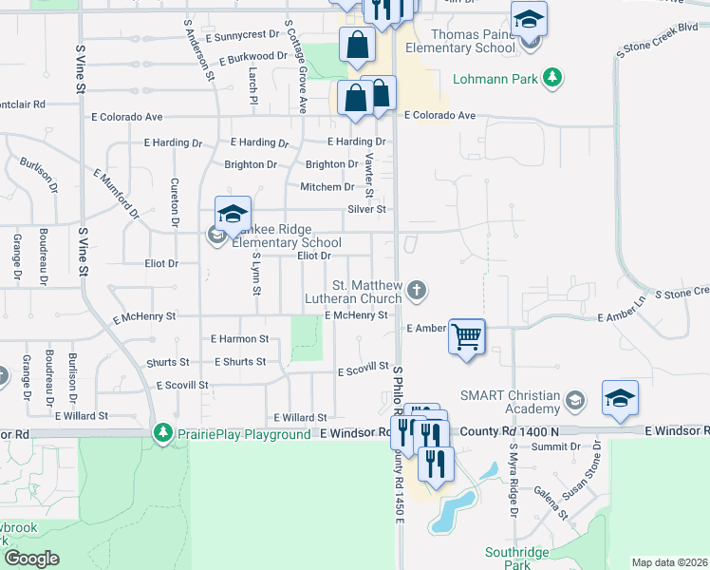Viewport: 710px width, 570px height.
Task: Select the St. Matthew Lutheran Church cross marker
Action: point(415,289)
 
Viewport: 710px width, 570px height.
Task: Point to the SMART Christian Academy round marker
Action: point(573,402)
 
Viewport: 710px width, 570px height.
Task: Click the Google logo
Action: point(31,559)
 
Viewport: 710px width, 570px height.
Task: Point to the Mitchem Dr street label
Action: point(327,187)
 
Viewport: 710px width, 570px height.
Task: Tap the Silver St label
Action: point(366,209)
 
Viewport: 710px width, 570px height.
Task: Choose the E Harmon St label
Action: point(239,338)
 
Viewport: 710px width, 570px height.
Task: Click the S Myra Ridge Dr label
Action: point(514,481)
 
